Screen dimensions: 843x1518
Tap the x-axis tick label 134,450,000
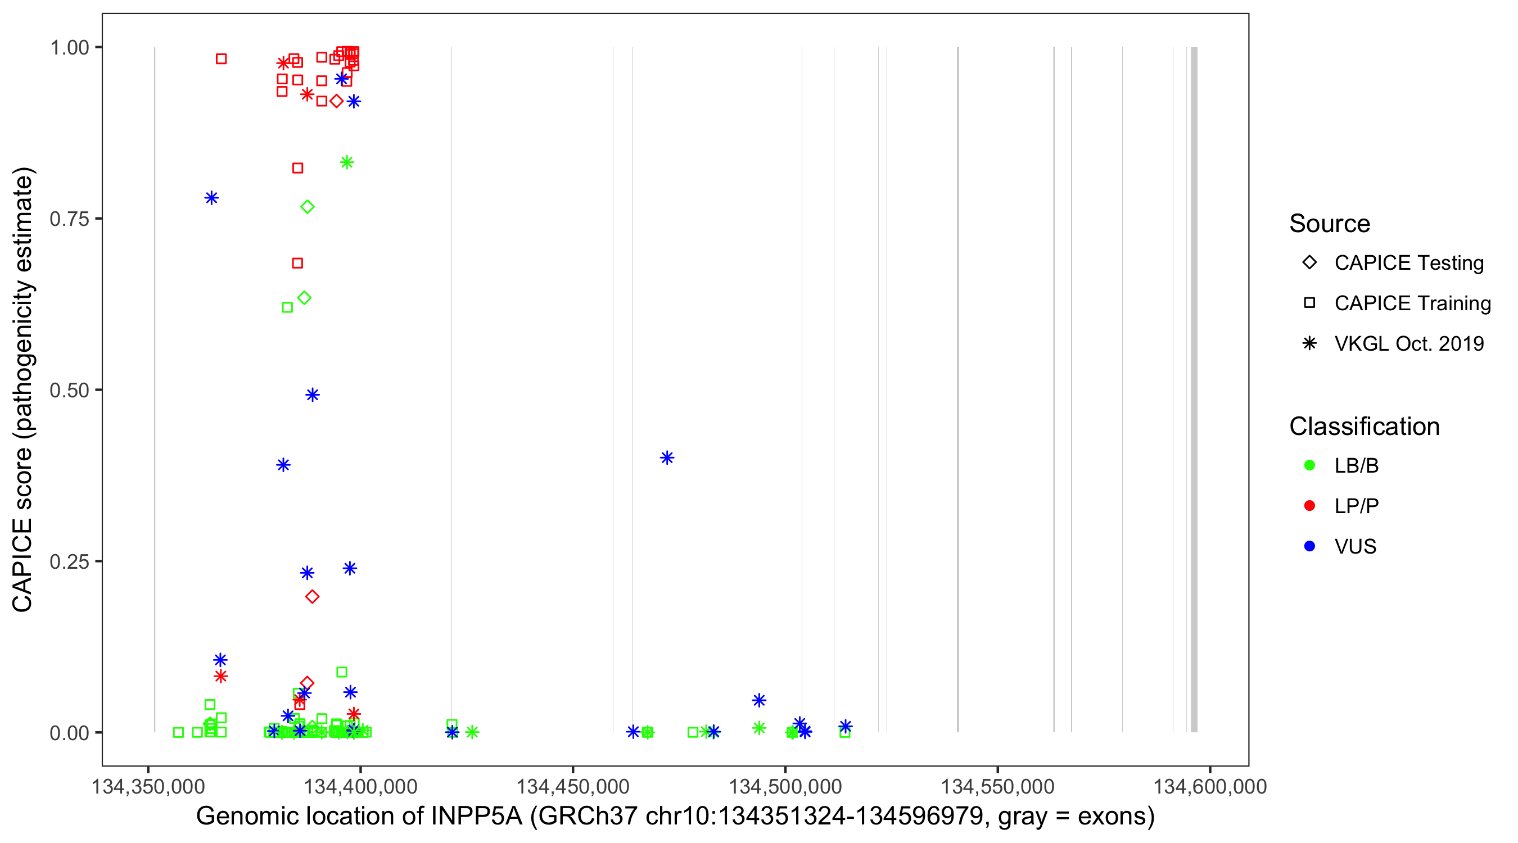573,787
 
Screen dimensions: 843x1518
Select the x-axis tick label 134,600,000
1209,787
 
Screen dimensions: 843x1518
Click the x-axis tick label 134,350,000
148,787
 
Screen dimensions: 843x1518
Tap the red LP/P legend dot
1309,506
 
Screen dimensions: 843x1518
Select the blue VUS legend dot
1309,547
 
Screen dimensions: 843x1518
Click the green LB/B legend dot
1309,465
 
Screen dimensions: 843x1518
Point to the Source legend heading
1330,224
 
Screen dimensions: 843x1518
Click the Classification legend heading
1364,427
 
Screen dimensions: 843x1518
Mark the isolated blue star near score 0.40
667,457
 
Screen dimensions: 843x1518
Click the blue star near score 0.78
211,198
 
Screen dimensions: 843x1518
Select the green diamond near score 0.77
307,207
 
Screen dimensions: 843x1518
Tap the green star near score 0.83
347,162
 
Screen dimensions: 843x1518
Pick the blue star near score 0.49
313,395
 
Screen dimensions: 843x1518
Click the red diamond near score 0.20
313,597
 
